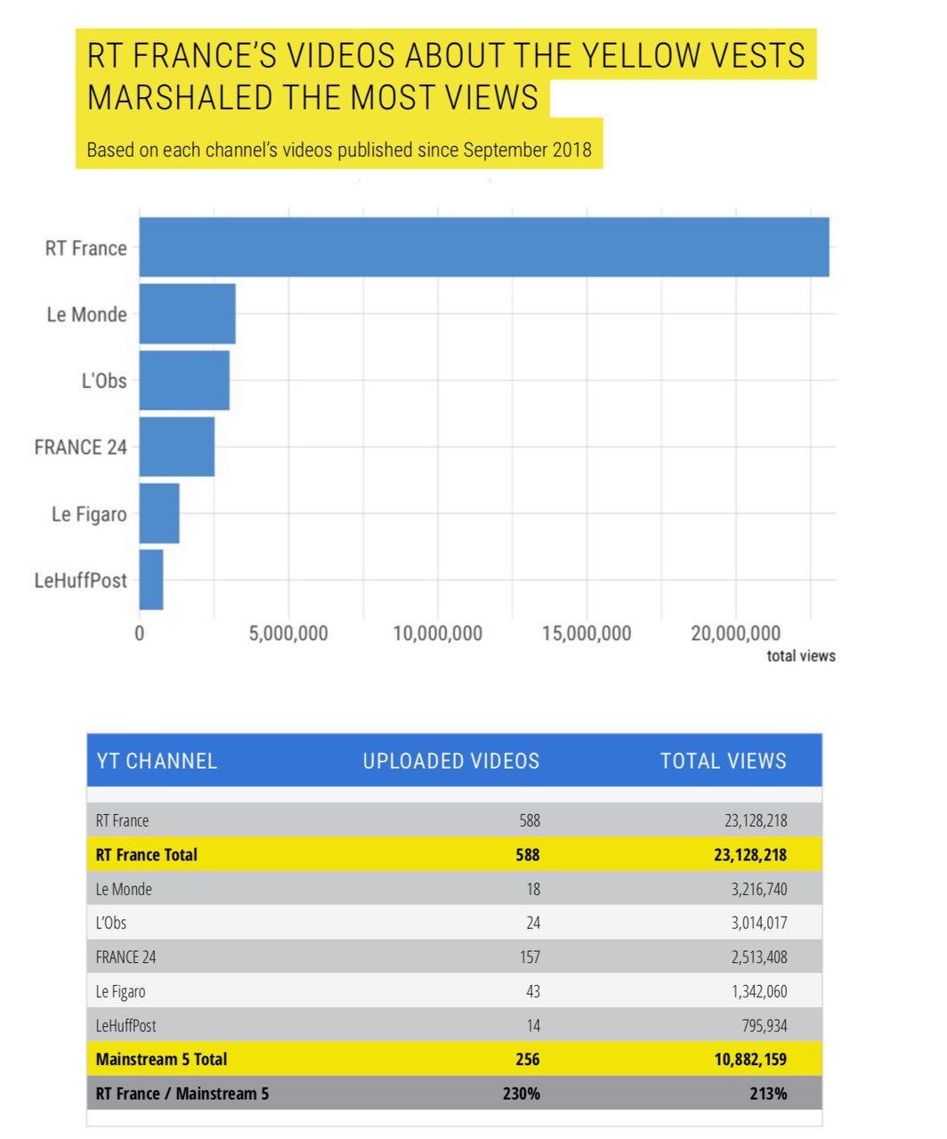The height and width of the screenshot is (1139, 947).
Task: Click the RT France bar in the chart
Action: pyautogui.click(x=484, y=247)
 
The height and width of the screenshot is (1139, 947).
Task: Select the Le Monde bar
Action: pyautogui.click(x=188, y=313)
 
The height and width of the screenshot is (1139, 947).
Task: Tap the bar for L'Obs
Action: pyautogui.click(x=184, y=380)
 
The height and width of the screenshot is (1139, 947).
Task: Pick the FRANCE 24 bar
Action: pyautogui.click(x=177, y=447)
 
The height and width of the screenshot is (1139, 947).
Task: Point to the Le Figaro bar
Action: pyautogui.click(x=159, y=513)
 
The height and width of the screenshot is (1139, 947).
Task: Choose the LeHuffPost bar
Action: pyautogui.click(x=151, y=580)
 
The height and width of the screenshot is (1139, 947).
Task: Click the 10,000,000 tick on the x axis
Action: pyautogui.click(x=437, y=634)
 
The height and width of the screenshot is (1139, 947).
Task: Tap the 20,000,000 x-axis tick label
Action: pyautogui.click(x=735, y=634)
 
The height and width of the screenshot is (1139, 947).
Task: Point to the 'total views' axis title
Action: pyautogui.click(x=801, y=656)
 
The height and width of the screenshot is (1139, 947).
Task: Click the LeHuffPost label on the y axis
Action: pyautogui.click(x=81, y=581)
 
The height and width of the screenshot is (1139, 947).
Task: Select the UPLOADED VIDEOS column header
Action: pyautogui.click(x=450, y=762)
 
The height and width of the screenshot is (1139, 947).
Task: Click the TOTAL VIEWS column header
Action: pyautogui.click(x=723, y=762)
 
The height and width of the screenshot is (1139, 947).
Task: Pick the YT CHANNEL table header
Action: pyautogui.click(x=157, y=762)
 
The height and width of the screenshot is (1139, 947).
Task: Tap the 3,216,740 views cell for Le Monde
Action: pyautogui.click(x=759, y=889)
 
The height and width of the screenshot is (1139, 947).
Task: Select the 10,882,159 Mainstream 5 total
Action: pyautogui.click(x=750, y=1060)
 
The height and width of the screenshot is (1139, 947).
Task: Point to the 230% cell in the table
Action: pyautogui.click(x=521, y=1094)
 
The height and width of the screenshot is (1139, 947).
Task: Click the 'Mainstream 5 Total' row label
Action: pyautogui.click(x=161, y=1060)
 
